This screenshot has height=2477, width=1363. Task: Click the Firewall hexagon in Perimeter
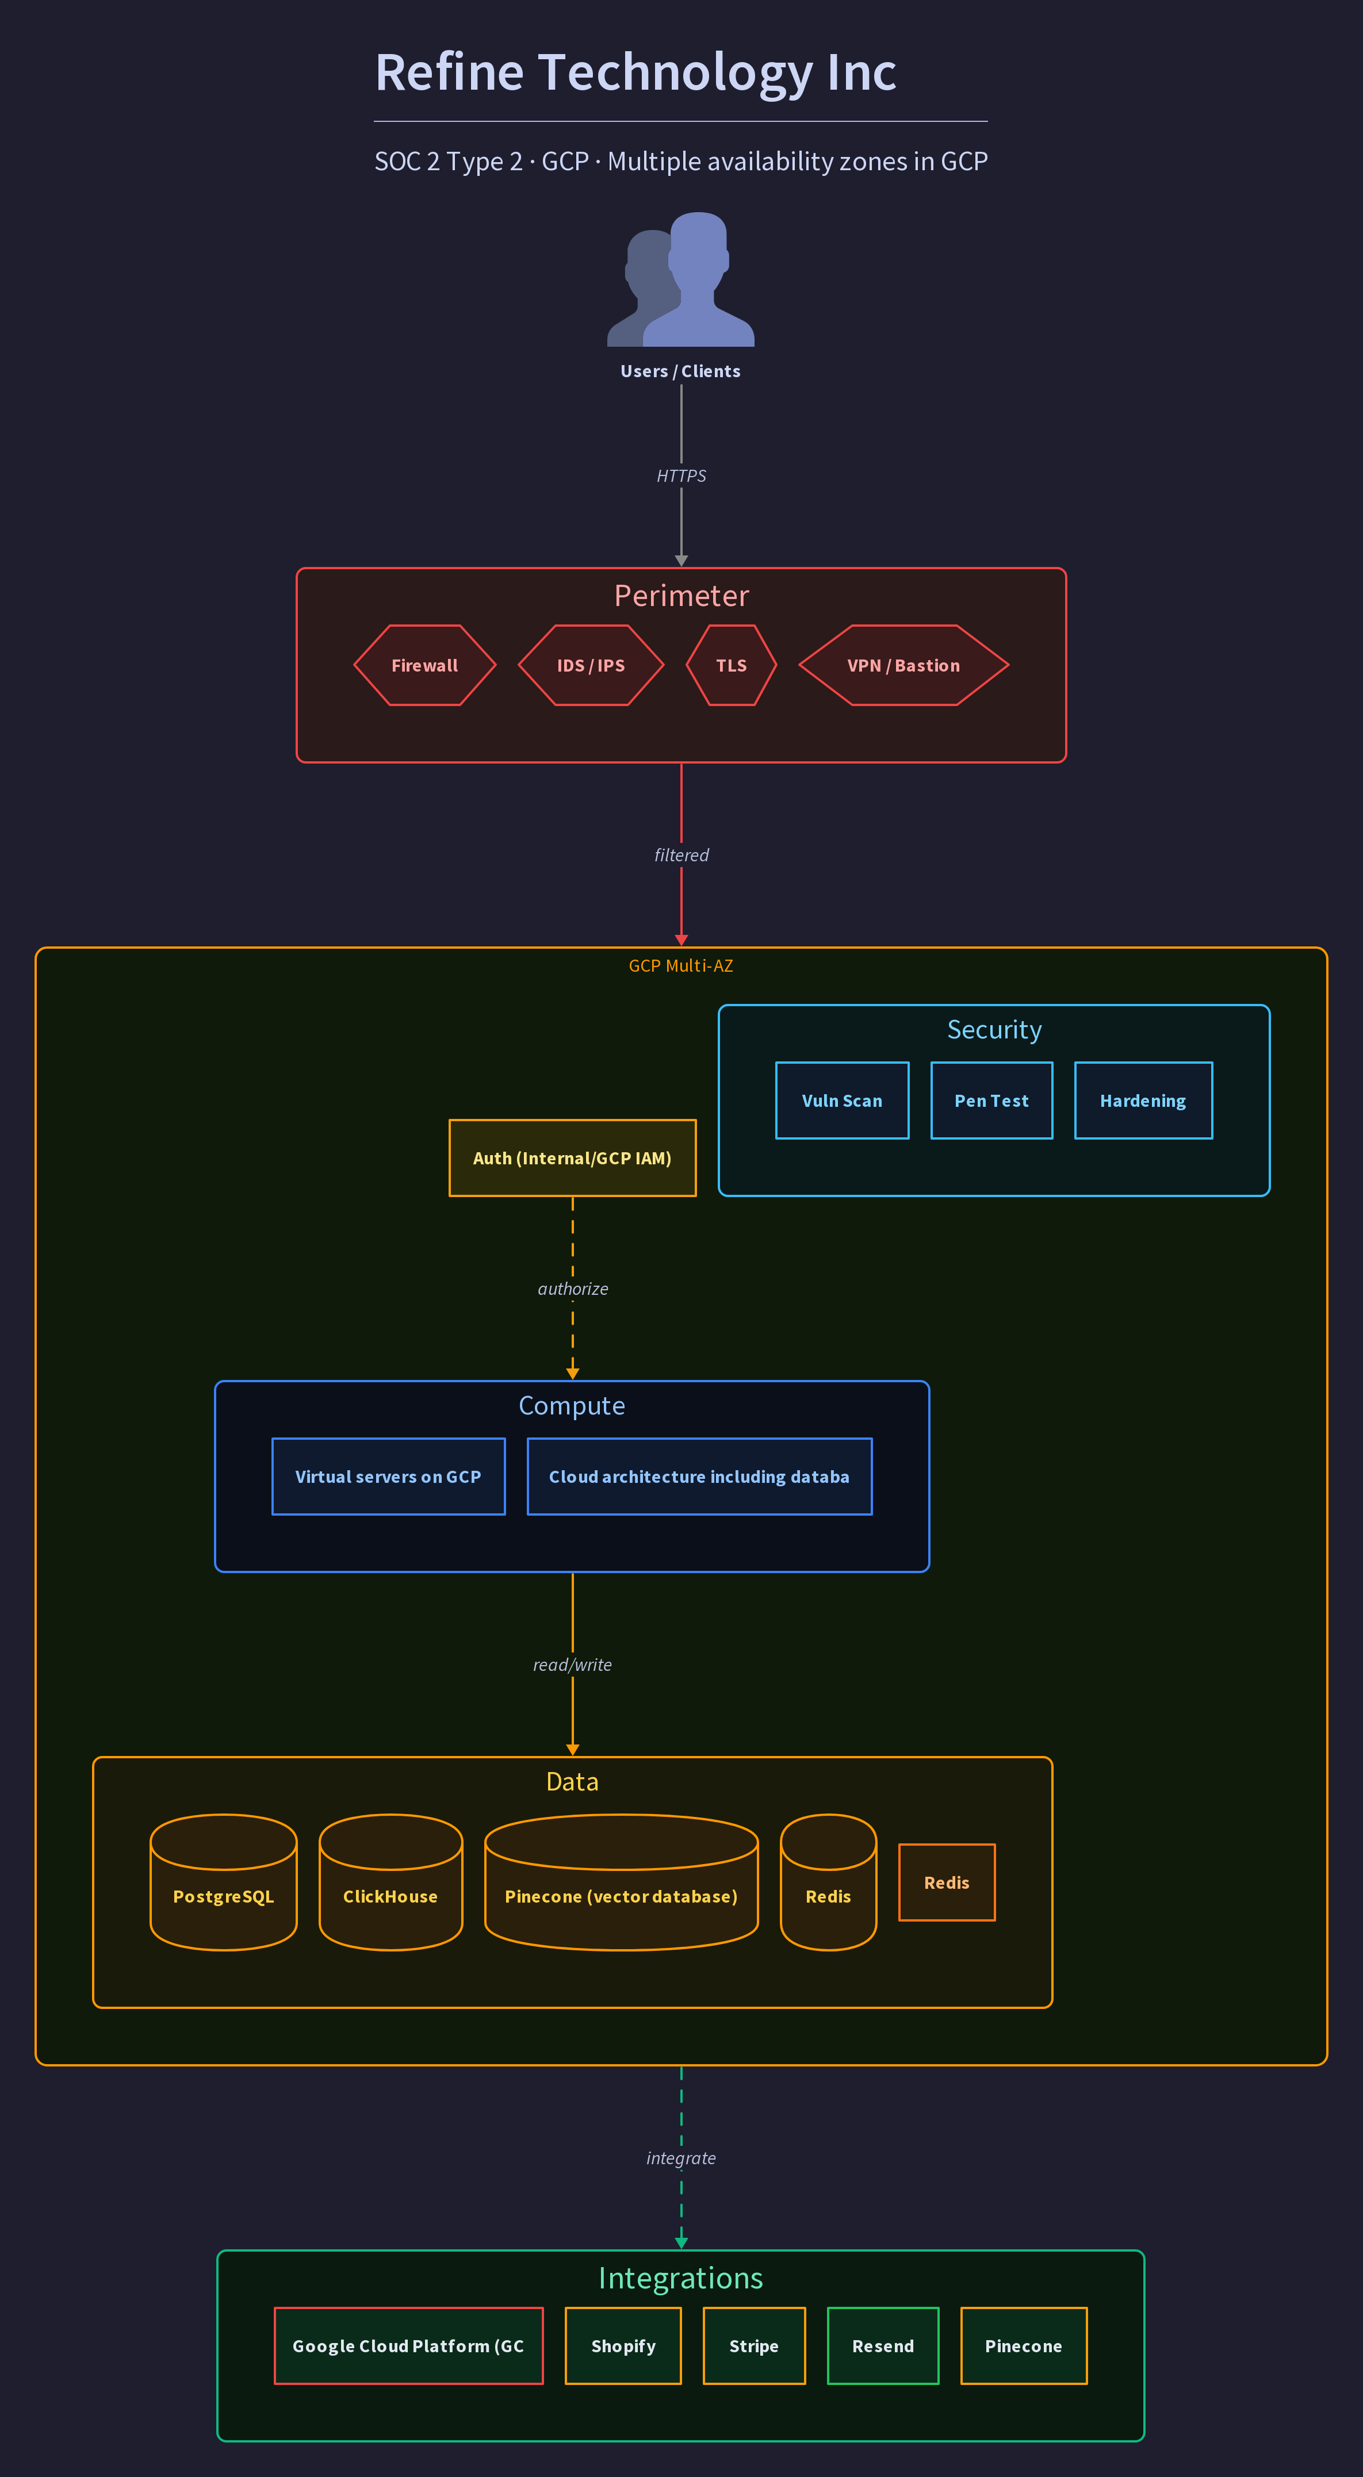coord(424,665)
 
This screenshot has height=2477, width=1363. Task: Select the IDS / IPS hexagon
coord(591,665)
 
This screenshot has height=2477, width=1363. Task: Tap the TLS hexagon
coord(731,665)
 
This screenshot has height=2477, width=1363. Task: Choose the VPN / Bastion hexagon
coord(903,665)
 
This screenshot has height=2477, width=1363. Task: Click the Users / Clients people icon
coord(681,279)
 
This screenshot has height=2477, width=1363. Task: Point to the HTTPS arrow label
coord(681,476)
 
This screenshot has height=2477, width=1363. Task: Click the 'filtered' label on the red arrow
coord(681,855)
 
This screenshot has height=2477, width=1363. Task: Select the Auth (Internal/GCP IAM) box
coord(572,1158)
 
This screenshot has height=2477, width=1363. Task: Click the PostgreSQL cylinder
coord(223,1882)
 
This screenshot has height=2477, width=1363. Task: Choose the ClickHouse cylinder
coord(390,1882)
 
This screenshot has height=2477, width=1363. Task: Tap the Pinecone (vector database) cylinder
coord(621,1882)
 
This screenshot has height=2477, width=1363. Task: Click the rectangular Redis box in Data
coord(947,1882)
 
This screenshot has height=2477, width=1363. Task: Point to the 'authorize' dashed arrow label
coord(572,1289)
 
